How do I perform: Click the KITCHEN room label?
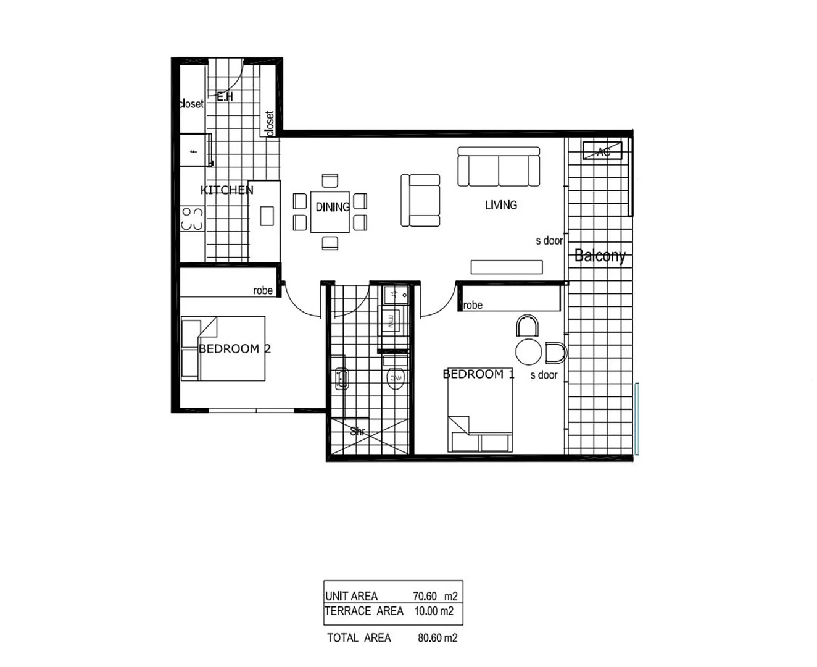(226, 190)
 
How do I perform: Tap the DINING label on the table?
(333, 208)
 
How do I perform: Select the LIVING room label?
(500, 205)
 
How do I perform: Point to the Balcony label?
(600, 255)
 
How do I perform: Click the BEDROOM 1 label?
(478, 374)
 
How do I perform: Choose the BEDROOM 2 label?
(234, 349)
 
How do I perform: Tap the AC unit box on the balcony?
(602, 151)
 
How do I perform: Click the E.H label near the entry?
(225, 97)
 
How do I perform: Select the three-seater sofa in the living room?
(499, 167)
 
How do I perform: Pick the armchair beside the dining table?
(421, 200)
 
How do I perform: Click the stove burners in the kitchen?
(192, 219)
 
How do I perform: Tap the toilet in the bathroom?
(396, 377)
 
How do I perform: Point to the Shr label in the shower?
(358, 431)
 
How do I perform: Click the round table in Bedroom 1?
(528, 352)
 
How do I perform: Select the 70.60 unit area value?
(425, 596)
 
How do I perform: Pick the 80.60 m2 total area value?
(438, 638)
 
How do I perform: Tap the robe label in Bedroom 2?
(263, 290)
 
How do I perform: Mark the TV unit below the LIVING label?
(507, 267)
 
